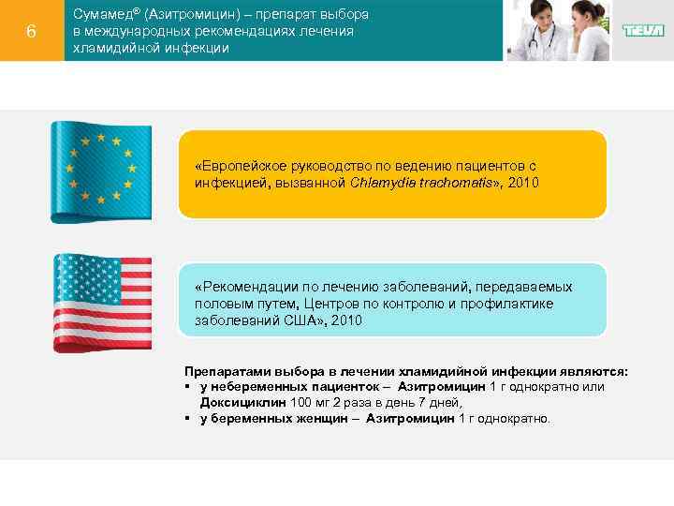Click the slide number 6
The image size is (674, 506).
tap(31, 31)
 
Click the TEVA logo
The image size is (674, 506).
tap(643, 31)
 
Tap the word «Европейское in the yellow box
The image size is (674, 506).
tap(235, 164)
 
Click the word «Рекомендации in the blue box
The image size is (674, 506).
tap(241, 287)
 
